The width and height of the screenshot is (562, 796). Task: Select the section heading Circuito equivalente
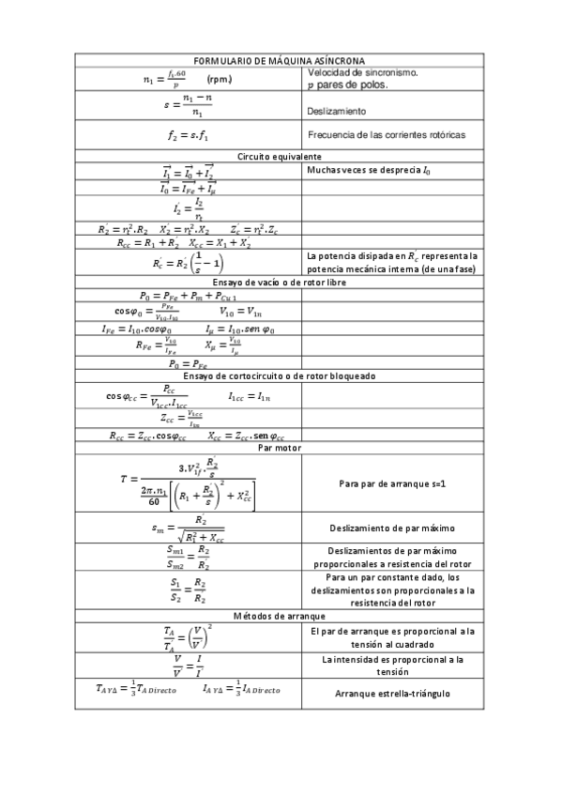click(280, 156)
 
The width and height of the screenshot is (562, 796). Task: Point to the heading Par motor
click(280, 448)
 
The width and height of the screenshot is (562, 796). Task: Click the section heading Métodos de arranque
click(280, 616)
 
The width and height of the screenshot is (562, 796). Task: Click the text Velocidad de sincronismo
click(363, 72)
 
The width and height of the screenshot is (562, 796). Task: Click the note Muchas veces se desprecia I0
click(370, 171)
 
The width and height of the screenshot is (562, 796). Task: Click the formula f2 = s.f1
click(189, 135)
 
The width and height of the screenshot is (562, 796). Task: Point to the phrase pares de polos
click(353, 85)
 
